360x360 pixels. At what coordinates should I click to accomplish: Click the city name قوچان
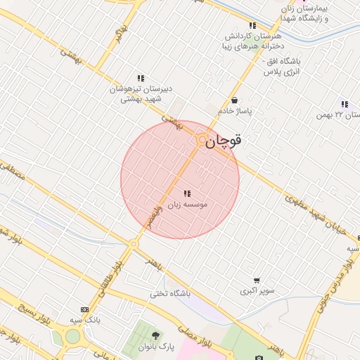point(225,141)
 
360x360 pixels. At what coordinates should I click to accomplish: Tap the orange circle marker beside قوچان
point(202,140)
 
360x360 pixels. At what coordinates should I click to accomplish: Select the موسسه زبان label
point(186,205)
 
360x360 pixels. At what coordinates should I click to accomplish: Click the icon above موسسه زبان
point(186,193)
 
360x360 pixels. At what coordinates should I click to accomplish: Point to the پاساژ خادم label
point(235,111)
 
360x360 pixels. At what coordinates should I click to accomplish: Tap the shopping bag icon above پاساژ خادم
point(234,100)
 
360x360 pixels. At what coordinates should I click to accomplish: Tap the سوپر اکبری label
point(257,290)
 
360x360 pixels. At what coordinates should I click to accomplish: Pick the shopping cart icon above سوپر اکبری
point(257,280)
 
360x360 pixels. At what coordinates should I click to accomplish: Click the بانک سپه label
point(85,321)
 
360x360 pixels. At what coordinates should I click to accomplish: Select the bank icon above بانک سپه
point(85,309)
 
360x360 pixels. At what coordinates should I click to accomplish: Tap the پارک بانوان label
point(156,347)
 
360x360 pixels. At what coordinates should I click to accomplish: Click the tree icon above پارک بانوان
point(156,335)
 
